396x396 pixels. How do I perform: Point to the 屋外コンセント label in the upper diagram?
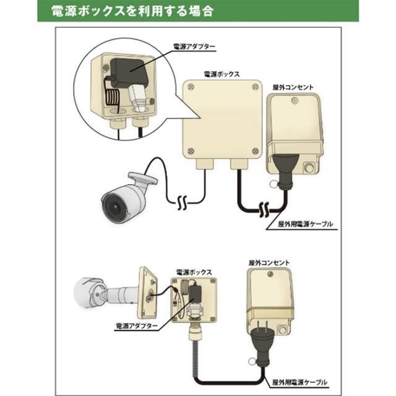[x=295, y=87]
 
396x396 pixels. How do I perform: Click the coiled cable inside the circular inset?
[x=112, y=97]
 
